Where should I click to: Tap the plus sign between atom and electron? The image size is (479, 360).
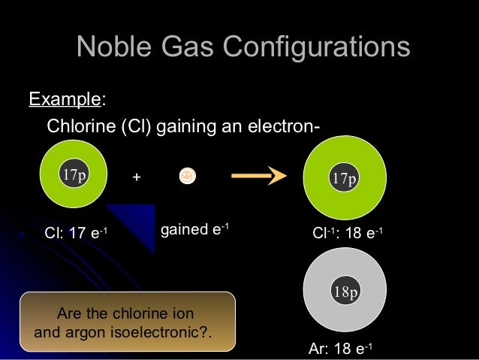pos(136,177)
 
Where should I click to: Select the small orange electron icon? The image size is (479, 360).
pos(187,176)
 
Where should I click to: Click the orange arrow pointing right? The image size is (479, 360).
pos(259,177)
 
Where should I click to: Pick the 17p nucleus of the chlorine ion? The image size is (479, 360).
pos(345,179)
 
